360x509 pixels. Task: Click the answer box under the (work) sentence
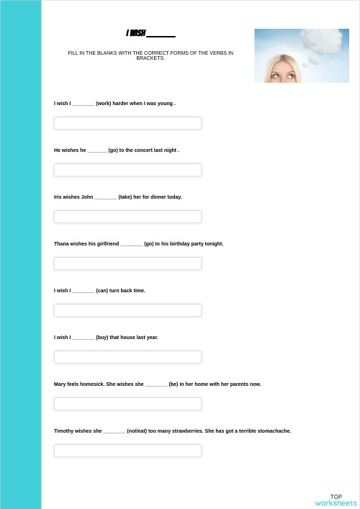coord(127,123)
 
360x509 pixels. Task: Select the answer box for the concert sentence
coord(127,170)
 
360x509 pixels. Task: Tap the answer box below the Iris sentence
coord(127,217)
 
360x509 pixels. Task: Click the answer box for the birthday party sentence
coord(127,263)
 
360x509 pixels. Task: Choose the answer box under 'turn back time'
coord(127,310)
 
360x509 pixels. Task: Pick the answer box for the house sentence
coord(127,357)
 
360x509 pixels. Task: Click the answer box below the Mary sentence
coord(127,404)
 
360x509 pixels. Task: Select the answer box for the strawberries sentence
coord(127,451)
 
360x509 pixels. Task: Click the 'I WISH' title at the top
coord(137,33)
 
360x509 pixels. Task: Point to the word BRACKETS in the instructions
coord(150,58)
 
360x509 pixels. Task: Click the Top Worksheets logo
coord(336,500)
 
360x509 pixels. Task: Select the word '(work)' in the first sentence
coord(104,104)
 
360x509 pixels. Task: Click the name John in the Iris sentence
coord(87,197)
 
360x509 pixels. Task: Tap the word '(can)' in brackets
coord(102,291)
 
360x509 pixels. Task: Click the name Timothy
coord(65,431)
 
